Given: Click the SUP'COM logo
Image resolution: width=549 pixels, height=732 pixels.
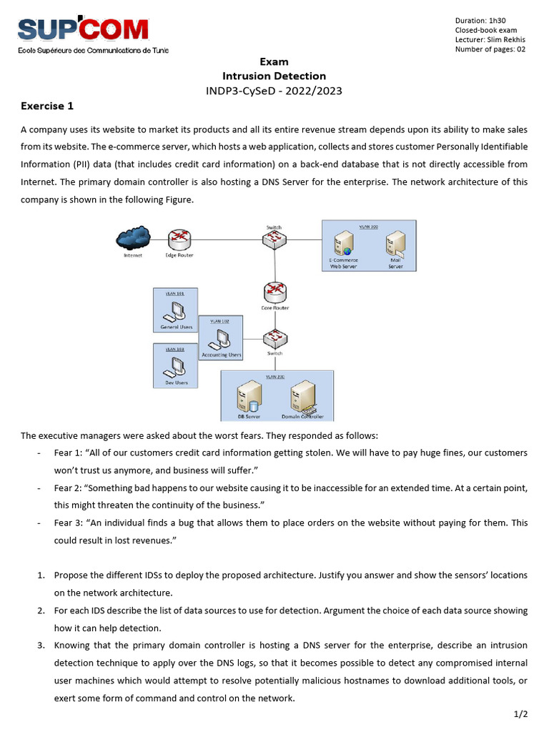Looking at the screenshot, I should click(84, 30).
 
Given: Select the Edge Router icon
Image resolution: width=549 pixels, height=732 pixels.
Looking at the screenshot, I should click(179, 239).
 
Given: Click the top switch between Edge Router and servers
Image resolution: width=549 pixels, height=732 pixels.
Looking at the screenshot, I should click(274, 239).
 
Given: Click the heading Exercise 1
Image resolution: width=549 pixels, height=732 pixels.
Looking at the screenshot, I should click(47, 107).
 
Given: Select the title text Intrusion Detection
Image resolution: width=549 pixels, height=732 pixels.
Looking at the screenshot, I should click(274, 76).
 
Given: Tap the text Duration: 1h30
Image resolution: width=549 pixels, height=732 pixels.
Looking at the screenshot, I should click(480, 20).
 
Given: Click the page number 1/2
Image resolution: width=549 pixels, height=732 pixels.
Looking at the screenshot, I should click(520, 713).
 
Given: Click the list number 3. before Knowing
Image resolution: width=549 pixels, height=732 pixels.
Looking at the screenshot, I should click(41, 645).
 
